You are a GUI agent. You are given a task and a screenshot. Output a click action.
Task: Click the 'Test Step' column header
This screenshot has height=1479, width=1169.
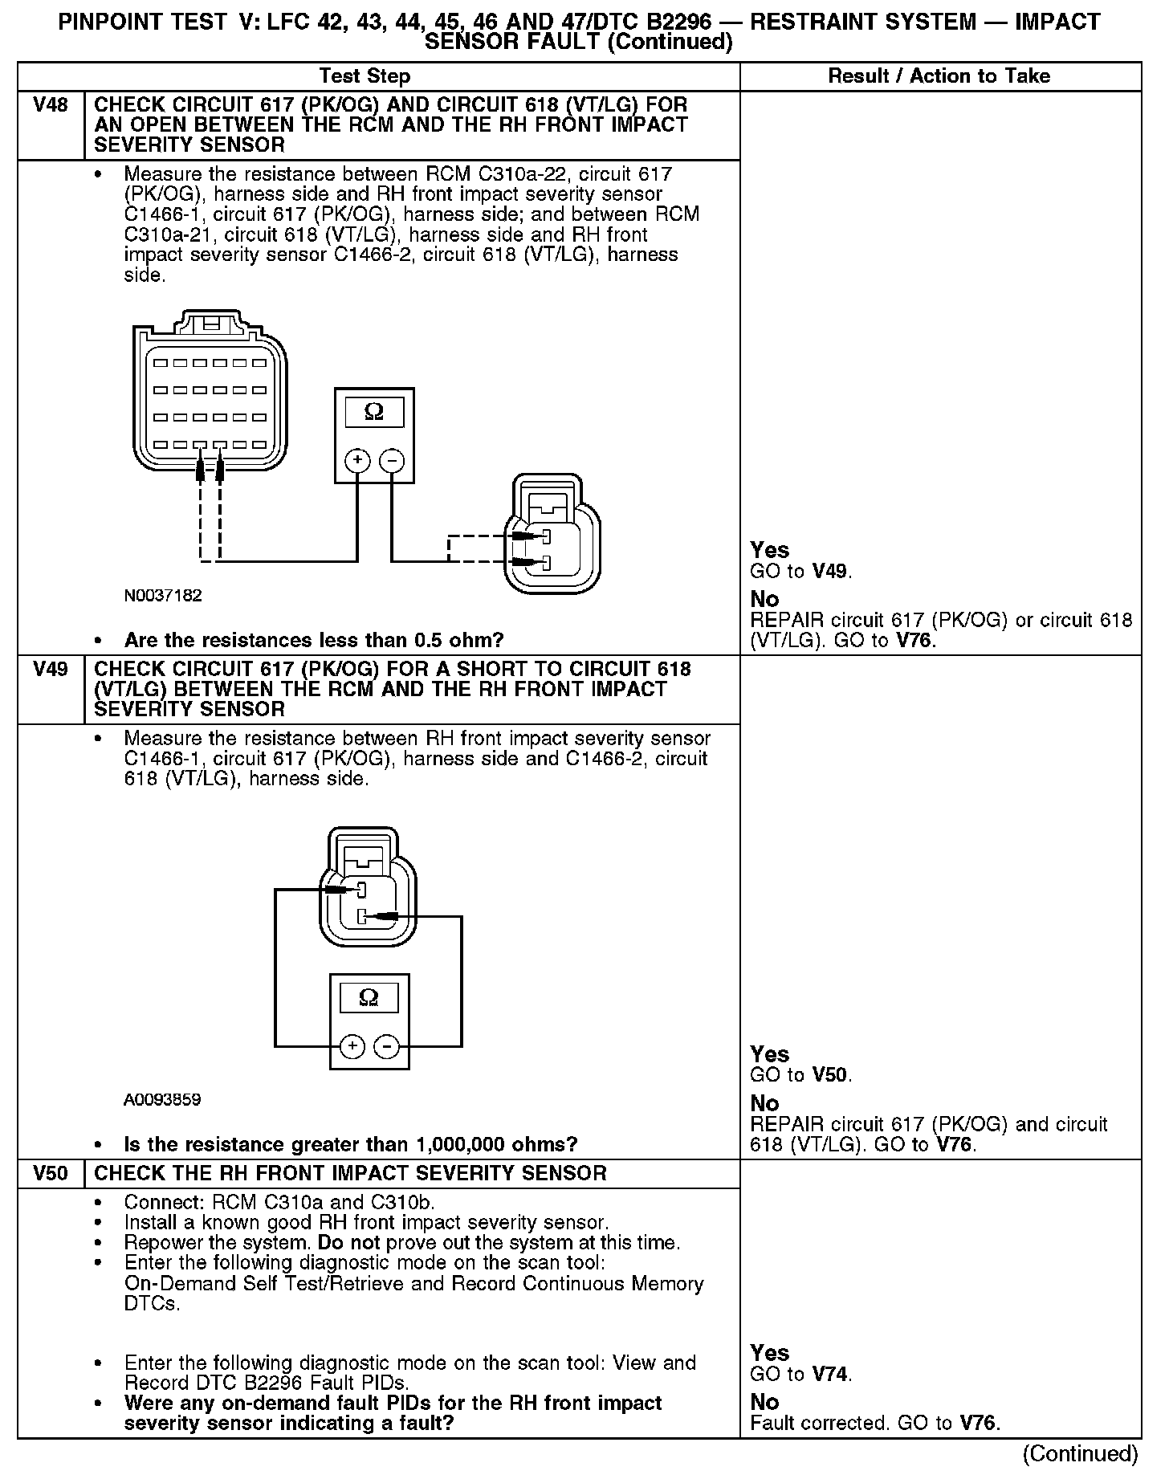coord(365,76)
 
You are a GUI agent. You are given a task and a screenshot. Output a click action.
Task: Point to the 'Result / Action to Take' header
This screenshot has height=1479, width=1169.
coord(939,76)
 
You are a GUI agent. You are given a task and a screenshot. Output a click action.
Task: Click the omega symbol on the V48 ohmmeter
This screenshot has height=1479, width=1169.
coord(374,412)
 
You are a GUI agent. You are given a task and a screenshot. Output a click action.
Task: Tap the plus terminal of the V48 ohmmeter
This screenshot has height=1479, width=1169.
coord(357,461)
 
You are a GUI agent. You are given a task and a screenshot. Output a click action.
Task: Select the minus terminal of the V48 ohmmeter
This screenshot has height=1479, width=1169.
coord(392,461)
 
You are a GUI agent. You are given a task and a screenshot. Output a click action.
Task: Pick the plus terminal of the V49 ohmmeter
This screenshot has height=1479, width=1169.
coord(352,1046)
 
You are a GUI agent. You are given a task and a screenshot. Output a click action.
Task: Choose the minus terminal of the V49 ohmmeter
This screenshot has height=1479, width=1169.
coord(387,1046)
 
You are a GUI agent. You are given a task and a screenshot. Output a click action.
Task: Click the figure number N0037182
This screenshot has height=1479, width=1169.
coord(163,596)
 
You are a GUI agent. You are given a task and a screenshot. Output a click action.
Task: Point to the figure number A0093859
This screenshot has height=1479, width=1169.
coord(162,1099)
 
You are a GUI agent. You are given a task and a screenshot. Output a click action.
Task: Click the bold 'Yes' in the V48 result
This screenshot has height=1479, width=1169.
coord(769,550)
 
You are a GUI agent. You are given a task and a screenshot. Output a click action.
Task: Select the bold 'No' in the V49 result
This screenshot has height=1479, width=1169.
coord(764,1103)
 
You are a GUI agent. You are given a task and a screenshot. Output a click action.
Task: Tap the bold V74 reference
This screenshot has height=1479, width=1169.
coord(829,1374)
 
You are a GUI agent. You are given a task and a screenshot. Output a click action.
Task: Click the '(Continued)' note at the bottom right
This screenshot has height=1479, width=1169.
coord(1080,1454)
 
